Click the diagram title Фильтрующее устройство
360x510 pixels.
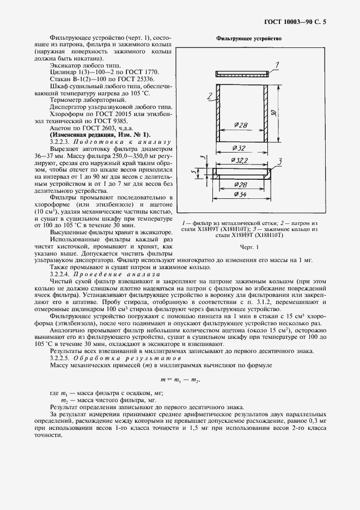pos(248,39)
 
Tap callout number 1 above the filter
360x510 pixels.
pos(277,65)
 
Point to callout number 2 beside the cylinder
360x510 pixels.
pos(209,95)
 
